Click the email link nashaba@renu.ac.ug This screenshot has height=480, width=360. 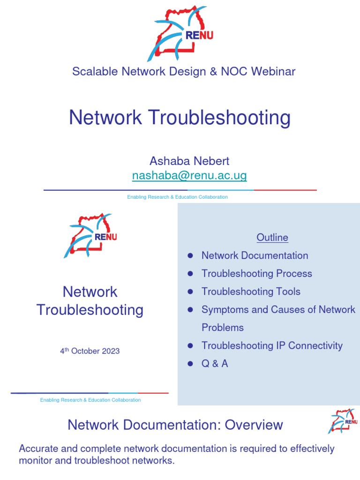[x=189, y=176]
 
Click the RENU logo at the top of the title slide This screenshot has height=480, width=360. [x=180, y=33]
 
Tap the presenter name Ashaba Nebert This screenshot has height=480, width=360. [x=189, y=161]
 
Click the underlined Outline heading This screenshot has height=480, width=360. [x=272, y=238]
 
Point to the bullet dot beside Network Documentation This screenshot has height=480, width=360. [x=190, y=255]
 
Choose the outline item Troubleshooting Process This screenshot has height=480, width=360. [x=256, y=274]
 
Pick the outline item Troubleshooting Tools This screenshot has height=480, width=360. [x=251, y=292]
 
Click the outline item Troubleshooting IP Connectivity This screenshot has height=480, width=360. [x=272, y=345]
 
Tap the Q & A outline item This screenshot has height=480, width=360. [x=215, y=364]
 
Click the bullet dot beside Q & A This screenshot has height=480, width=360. [x=190, y=364]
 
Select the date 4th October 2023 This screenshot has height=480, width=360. [x=90, y=351]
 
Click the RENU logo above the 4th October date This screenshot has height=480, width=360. [x=90, y=235]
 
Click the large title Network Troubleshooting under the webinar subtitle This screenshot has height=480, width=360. [x=180, y=118]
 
